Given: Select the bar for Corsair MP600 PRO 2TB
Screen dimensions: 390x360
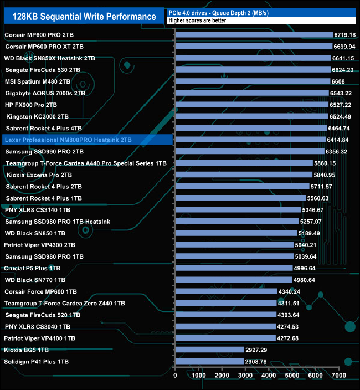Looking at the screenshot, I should coord(254,35).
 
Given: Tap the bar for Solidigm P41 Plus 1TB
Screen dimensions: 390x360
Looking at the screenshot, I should coord(209,361).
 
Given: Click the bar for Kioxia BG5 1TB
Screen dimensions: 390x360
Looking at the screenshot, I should coord(210,350).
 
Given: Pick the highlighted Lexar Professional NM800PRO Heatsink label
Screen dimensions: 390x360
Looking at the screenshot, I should coord(67,140).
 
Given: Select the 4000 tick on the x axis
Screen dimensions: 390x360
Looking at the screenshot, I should coord(269,376).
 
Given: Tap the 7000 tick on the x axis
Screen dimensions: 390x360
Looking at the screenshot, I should coord(338,376).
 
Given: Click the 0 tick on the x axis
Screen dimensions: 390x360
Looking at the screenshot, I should coord(176,376).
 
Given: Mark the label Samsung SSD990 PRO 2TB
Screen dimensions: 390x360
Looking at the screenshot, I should coord(44,151).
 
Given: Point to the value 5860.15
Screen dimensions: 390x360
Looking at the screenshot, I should coord(325,163).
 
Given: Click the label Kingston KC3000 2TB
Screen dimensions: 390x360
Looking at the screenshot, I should coord(38,116).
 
